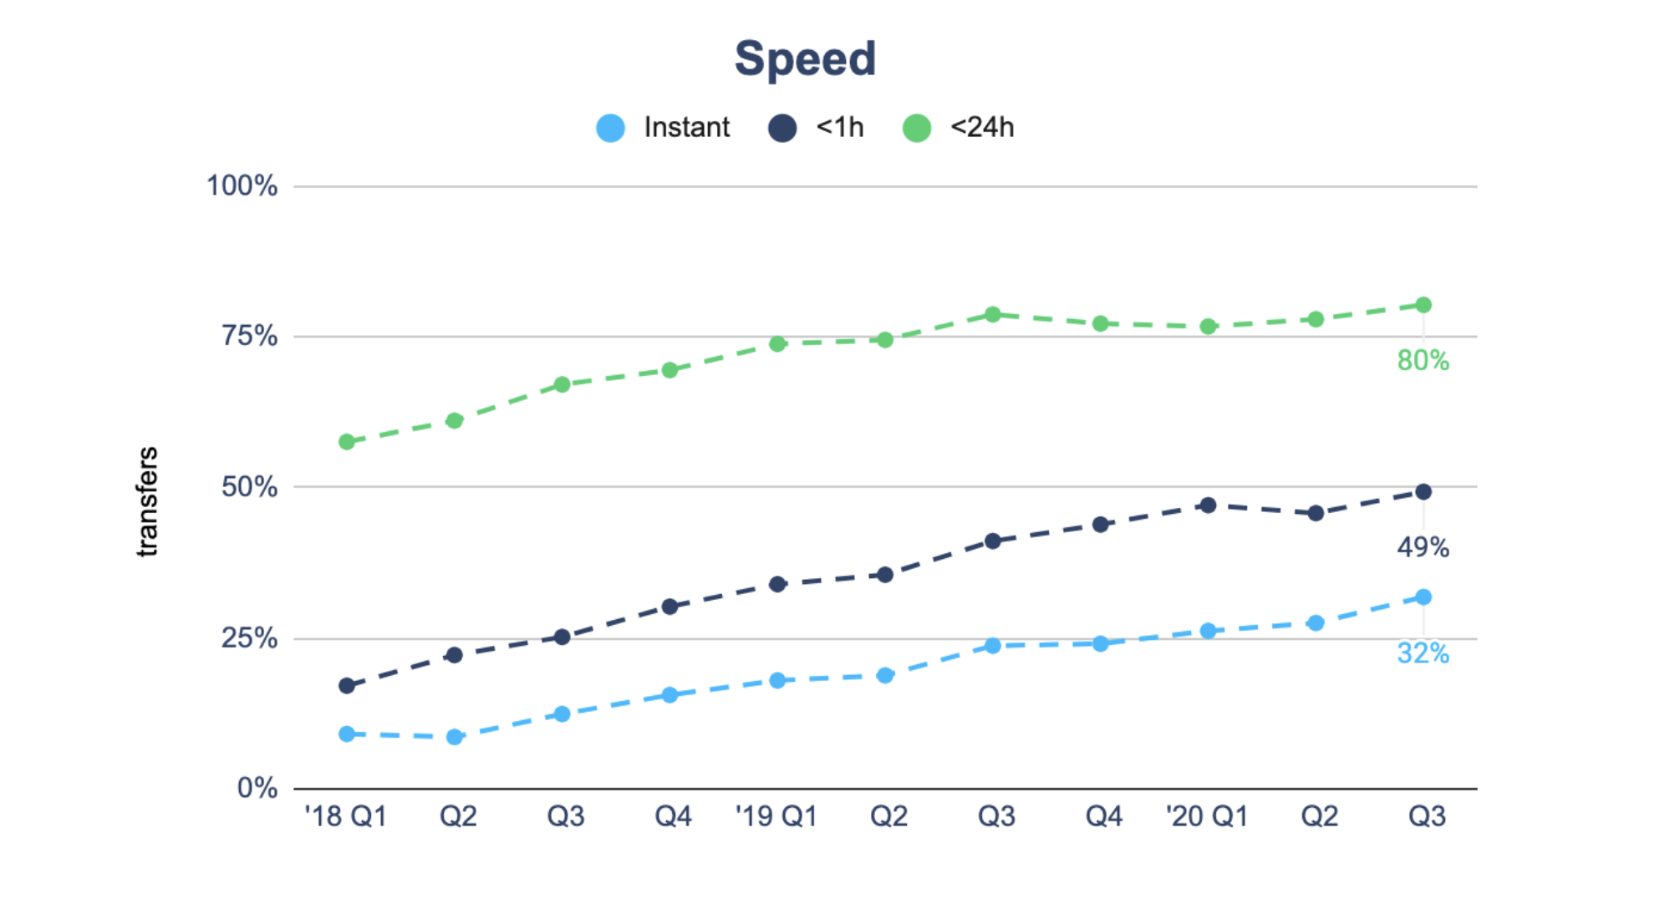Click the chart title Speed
click(x=805, y=59)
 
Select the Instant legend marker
click(x=611, y=128)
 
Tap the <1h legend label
click(x=840, y=128)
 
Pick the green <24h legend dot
click(x=917, y=128)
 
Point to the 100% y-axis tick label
click(x=242, y=185)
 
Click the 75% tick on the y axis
click(x=249, y=336)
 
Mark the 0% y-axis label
click(x=257, y=788)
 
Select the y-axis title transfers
click(x=147, y=501)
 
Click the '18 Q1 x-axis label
click(x=345, y=816)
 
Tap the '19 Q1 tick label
click(x=776, y=816)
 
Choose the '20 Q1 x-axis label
click(x=1207, y=816)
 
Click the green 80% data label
click(x=1423, y=361)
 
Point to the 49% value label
click(x=1423, y=548)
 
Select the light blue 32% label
click(x=1423, y=653)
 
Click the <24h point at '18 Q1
click(x=347, y=442)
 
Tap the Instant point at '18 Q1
click(x=347, y=734)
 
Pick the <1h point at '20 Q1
click(x=1208, y=505)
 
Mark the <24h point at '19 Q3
click(x=993, y=315)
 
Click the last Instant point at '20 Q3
click(x=1423, y=597)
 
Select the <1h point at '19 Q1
click(x=777, y=584)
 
